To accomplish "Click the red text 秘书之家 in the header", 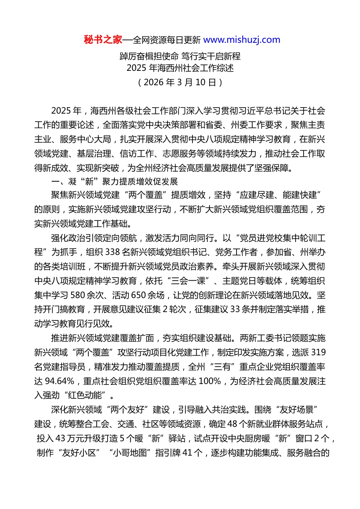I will click(x=103, y=40).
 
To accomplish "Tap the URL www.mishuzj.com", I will click(x=242, y=40).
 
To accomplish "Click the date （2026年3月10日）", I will click(x=180, y=82).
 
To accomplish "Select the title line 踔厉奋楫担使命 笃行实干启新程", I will click(x=180, y=56).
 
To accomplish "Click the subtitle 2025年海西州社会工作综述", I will click(x=180, y=68).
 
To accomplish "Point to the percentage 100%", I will click(x=210, y=381).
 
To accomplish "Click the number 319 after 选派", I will click(x=318, y=353).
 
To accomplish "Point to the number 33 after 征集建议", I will click(x=235, y=309).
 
